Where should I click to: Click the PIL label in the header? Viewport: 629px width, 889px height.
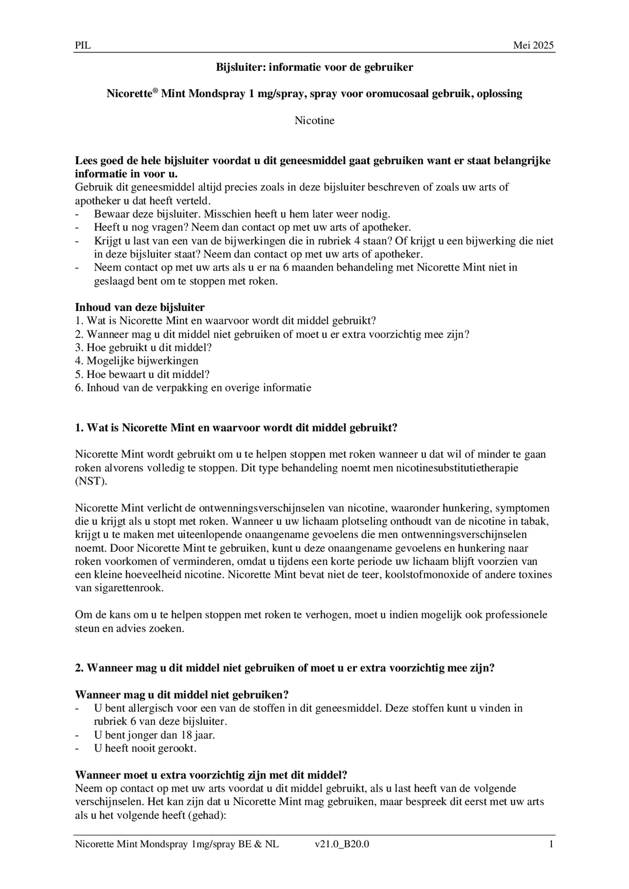(83, 45)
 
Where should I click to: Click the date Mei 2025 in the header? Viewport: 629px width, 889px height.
(533, 45)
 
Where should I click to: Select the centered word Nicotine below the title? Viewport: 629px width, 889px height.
(314, 120)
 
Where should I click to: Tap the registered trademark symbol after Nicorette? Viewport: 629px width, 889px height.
(155, 90)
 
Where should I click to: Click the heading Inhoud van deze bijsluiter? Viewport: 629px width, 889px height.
(140, 307)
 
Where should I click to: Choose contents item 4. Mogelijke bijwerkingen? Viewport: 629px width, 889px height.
(136, 361)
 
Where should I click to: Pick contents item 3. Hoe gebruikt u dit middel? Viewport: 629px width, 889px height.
(143, 347)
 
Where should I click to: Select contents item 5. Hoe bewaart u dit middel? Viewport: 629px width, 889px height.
(142, 374)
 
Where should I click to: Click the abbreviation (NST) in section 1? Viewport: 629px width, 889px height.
(91, 481)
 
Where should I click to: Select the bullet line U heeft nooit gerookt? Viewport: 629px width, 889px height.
(145, 748)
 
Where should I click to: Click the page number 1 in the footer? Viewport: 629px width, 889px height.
(551, 844)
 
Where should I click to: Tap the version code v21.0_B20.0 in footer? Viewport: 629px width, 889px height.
(342, 844)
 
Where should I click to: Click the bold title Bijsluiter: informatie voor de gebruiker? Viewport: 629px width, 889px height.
(314, 67)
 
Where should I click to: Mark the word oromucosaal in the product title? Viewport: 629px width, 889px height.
(397, 93)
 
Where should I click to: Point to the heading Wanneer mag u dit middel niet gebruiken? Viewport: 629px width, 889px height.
(181, 695)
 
